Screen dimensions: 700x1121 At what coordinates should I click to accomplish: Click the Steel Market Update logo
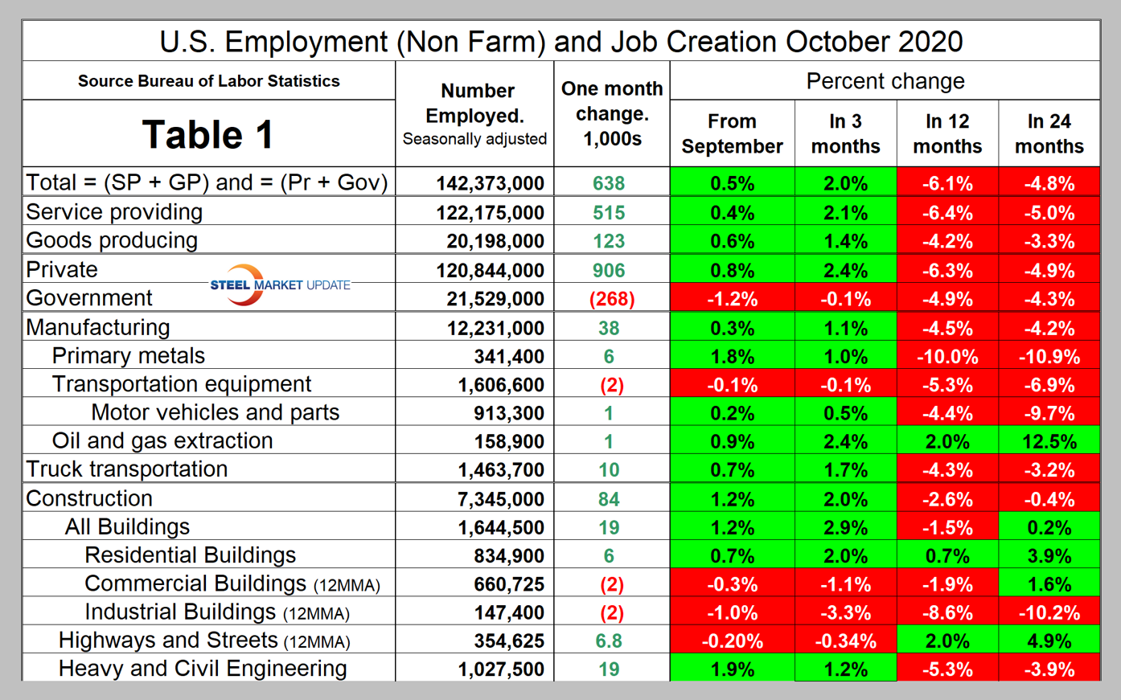tap(279, 285)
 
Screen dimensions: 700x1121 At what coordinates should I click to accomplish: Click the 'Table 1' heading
tap(207, 134)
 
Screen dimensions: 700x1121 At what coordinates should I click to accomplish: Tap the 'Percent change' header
tap(885, 81)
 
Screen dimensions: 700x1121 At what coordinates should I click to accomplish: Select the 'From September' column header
tap(732, 133)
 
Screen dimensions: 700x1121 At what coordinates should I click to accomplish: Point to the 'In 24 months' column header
tap(1049, 133)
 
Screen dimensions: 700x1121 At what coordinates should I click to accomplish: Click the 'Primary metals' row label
tap(129, 356)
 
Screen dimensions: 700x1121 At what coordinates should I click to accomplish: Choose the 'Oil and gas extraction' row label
tap(162, 441)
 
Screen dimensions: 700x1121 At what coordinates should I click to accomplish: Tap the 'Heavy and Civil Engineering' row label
tap(203, 669)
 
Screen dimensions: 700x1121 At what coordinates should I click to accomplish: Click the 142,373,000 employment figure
tap(490, 183)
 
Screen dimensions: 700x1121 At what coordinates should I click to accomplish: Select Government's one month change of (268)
tap(611, 299)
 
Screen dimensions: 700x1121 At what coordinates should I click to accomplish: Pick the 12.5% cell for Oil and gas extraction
tap(1049, 442)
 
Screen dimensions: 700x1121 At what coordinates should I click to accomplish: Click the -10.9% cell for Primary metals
tap(1049, 357)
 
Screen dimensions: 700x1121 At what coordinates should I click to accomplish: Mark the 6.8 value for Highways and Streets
tap(609, 641)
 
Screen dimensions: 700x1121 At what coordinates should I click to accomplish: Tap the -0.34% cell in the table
tap(845, 641)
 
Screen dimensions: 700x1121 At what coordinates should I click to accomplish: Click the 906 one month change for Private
tap(609, 271)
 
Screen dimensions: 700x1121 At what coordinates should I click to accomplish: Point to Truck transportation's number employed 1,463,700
tap(501, 470)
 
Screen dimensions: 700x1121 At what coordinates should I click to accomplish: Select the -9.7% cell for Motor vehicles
tap(1049, 414)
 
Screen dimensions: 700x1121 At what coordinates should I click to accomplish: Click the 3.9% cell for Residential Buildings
tap(1049, 556)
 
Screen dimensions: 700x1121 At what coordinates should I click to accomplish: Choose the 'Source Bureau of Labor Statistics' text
tap(208, 81)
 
